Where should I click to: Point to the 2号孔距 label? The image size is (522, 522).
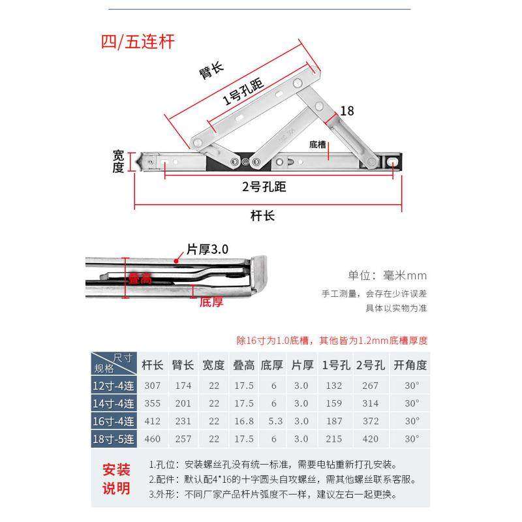[264, 187]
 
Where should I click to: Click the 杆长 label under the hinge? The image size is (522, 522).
[262, 216]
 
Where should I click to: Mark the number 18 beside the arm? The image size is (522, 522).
[347, 111]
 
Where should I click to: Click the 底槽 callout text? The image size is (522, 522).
[318, 144]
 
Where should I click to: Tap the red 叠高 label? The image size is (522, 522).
[140, 279]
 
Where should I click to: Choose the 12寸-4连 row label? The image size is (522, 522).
[113, 386]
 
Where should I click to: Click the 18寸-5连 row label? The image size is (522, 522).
[113, 438]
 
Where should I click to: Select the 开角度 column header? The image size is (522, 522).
[410, 365]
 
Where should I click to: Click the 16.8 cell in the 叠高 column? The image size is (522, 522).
[243, 421]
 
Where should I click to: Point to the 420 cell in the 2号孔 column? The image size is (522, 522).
[369, 438]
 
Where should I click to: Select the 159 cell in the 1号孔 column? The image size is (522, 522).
[333, 403]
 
